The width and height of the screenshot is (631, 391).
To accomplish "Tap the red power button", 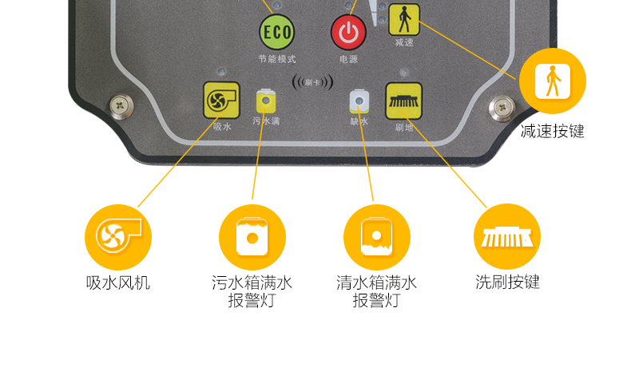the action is point(348,33).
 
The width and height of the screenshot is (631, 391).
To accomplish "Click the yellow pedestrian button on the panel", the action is point(404,19).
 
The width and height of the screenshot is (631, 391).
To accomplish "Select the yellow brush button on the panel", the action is point(403,101).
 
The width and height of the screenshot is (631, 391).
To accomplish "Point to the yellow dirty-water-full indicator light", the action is point(266,101).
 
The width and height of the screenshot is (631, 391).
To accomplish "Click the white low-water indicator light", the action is point(359,101).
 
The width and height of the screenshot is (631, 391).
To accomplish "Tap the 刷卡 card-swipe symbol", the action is point(312,82).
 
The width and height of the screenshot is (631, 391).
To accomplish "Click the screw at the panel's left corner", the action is point(121,106).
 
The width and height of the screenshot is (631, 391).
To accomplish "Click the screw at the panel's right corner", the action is point(502,108).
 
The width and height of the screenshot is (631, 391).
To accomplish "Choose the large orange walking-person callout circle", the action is point(553,81).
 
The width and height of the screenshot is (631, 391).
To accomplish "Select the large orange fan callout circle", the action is point(118,237).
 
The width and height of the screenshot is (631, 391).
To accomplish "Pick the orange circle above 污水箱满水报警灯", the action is point(252,237).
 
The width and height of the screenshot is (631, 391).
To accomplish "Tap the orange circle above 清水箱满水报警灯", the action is point(377,237).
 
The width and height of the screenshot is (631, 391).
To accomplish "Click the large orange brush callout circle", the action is point(507,236).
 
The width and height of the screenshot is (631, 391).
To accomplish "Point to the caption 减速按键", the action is point(553,132).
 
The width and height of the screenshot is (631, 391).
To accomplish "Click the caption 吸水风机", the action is point(118,283).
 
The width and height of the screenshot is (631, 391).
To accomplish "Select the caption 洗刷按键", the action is point(507,282).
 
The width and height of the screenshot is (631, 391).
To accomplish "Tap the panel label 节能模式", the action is point(277,59).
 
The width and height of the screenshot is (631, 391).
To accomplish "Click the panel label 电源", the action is point(348,59).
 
